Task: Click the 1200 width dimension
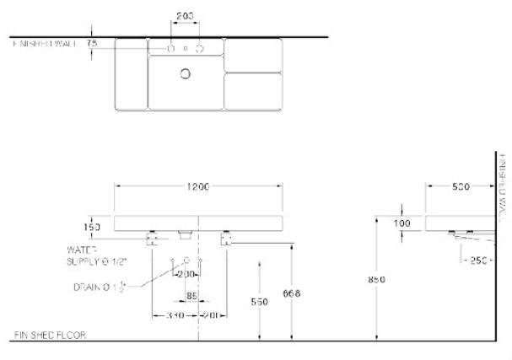(198, 185)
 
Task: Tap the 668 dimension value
(293, 293)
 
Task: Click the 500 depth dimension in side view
(461, 186)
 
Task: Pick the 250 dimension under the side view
(478, 261)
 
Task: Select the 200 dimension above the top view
(186, 16)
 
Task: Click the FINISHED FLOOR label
(51, 335)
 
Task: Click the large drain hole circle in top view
(186, 73)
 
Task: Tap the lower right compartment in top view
(253, 91)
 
